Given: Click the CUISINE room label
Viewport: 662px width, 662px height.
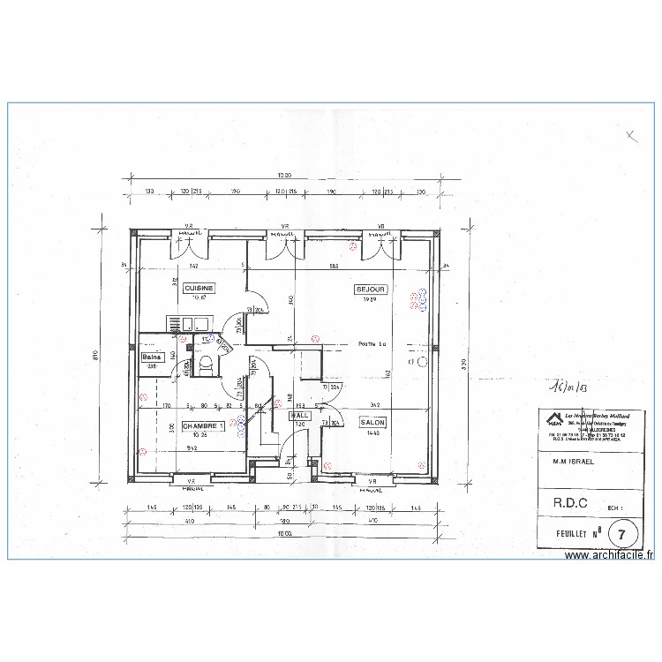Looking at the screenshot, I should [x=199, y=288].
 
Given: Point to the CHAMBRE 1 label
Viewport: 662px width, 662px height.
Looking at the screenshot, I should [x=203, y=425].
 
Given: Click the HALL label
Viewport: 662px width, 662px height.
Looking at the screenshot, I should [x=301, y=415].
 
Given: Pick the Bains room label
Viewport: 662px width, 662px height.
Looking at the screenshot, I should [x=151, y=357].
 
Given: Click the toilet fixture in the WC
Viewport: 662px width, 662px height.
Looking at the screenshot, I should [x=207, y=363].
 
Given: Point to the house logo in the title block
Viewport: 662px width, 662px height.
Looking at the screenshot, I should [x=553, y=418].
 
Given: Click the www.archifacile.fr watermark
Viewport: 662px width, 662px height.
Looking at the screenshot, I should [x=610, y=555].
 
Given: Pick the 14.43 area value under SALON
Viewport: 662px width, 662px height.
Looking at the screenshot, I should [x=370, y=433].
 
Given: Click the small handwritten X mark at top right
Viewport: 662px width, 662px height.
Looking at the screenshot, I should [x=630, y=136].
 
